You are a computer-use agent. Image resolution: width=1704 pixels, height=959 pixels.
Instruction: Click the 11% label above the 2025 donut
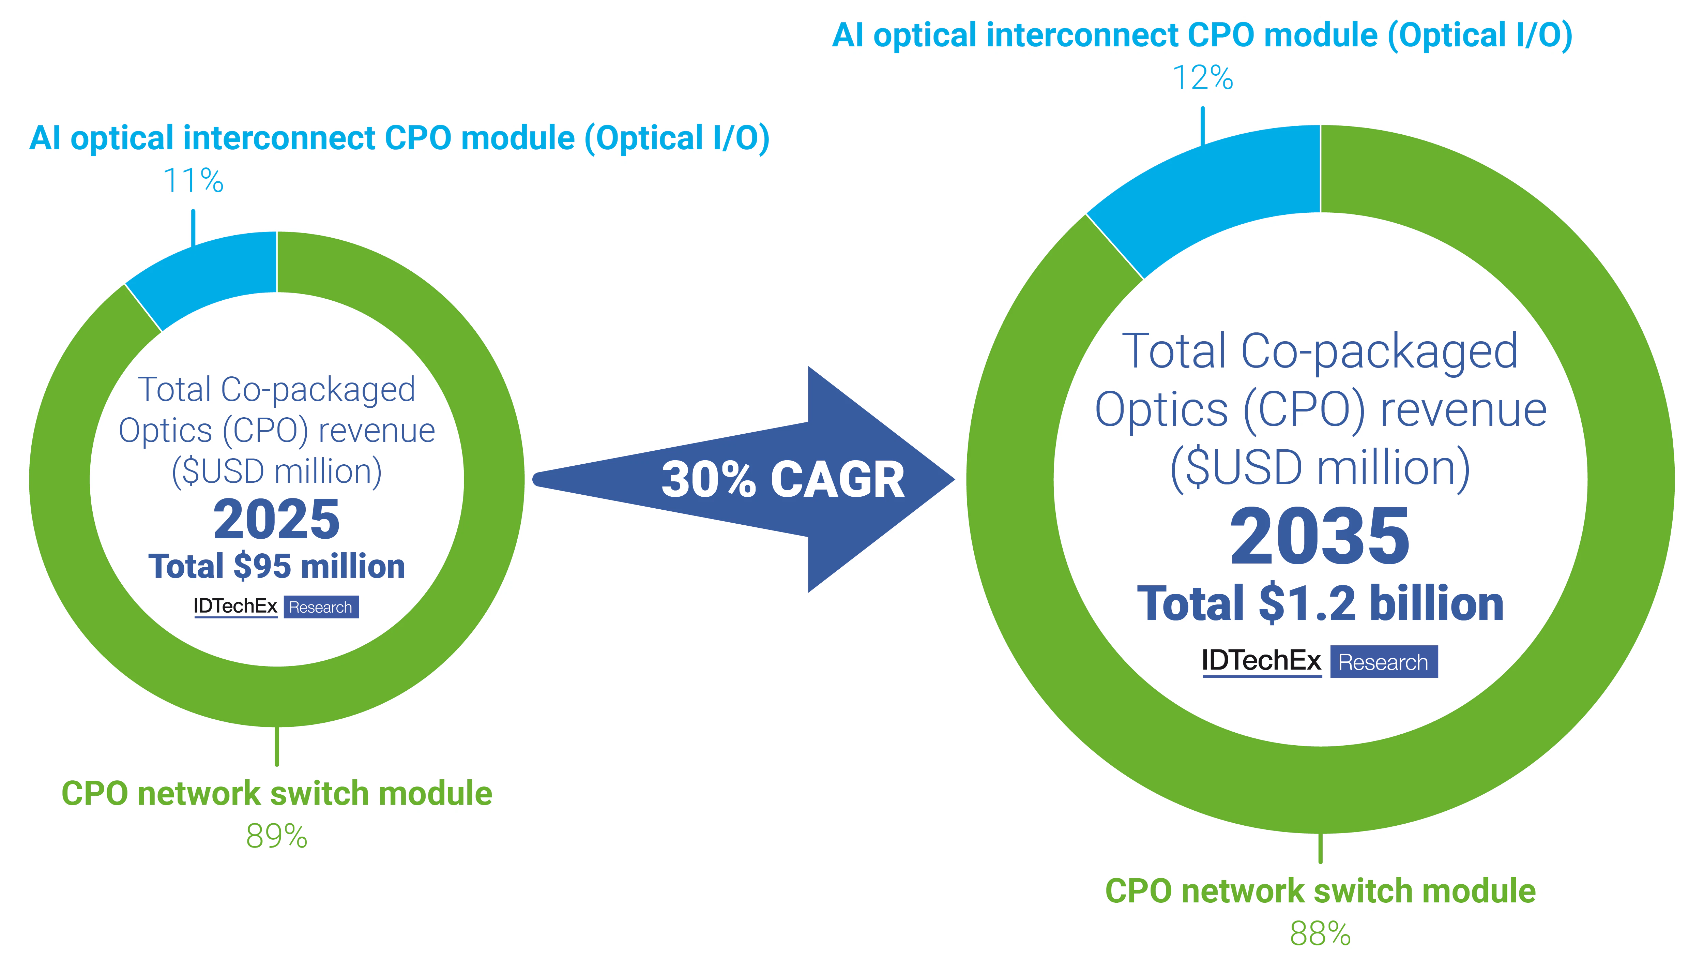(x=193, y=181)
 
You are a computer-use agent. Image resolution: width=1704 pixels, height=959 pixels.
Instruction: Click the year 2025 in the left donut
(x=276, y=520)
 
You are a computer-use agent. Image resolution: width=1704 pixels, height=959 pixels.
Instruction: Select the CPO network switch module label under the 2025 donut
(x=276, y=794)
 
